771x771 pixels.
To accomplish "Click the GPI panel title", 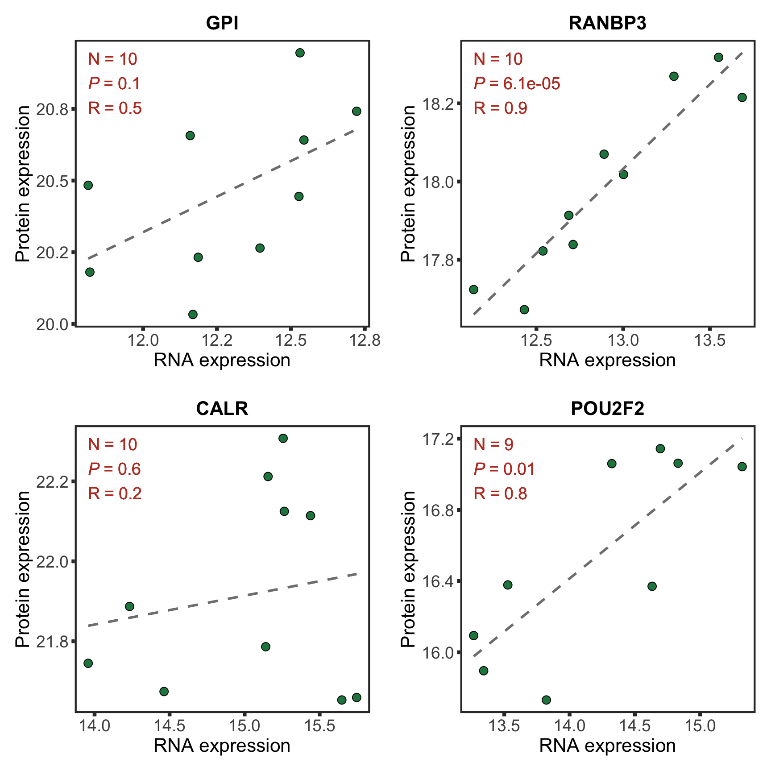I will [x=222, y=23].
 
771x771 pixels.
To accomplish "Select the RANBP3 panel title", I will [x=607, y=23].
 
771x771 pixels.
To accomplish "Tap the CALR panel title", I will [x=222, y=409].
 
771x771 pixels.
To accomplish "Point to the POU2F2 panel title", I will [x=607, y=409].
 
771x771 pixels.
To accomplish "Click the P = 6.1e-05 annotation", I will [x=517, y=83].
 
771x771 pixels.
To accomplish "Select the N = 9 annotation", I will [x=493, y=444].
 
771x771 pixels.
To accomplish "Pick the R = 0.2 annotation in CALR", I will [x=115, y=493].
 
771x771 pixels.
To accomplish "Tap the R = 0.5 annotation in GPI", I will [x=115, y=108].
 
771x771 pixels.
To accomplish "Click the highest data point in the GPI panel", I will [x=300, y=53].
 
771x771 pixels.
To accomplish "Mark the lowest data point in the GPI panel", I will [x=193, y=315].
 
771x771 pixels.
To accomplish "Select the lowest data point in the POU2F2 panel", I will [x=546, y=700].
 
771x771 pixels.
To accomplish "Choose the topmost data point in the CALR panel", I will [x=283, y=438].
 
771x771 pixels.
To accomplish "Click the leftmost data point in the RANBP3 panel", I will [x=474, y=290].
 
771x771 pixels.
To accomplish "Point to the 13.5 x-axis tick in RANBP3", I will [x=710, y=340].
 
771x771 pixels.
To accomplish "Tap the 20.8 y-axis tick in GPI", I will [x=53, y=109].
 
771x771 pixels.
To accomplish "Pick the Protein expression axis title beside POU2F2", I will [x=408, y=569].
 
